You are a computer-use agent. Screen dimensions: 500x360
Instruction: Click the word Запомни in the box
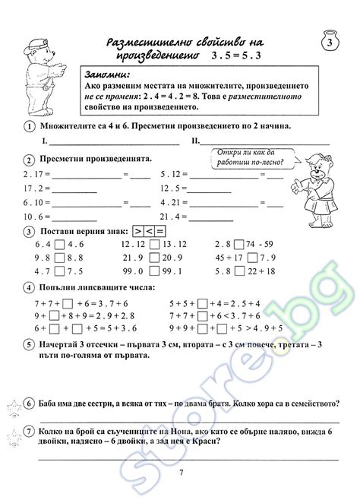(x=109, y=75)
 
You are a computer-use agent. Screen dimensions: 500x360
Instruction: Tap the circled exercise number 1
(x=28, y=125)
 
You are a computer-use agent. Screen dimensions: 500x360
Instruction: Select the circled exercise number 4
(x=28, y=288)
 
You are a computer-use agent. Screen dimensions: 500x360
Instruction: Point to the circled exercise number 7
(x=28, y=433)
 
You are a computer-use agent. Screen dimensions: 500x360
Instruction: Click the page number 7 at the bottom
(x=181, y=474)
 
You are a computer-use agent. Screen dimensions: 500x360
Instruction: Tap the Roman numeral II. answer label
(x=197, y=141)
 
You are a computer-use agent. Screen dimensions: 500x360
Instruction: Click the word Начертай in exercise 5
(x=66, y=343)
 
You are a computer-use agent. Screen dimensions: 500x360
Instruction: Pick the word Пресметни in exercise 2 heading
(x=66, y=160)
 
